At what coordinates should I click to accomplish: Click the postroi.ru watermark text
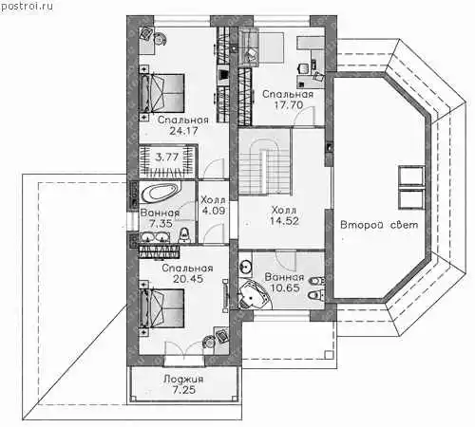tap(27, 6)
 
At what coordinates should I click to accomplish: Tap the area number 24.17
tap(183, 131)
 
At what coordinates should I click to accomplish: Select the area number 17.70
tap(289, 104)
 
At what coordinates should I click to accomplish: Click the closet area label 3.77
tap(167, 157)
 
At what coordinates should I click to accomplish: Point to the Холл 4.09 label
tap(214, 205)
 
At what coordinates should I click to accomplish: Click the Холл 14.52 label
tap(284, 215)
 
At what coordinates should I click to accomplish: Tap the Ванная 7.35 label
tap(161, 218)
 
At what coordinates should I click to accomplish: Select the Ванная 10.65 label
tap(285, 283)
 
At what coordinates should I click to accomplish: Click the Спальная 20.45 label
tap(187, 273)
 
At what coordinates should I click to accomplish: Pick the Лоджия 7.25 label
tap(183, 384)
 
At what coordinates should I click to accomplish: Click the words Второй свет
tap(379, 225)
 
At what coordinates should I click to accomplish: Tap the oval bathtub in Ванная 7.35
tap(161, 193)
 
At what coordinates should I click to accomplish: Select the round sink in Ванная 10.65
tap(245, 267)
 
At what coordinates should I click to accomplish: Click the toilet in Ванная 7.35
tap(184, 234)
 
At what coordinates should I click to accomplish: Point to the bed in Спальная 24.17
tap(162, 93)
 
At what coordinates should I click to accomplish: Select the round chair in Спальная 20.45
tap(208, 342)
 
